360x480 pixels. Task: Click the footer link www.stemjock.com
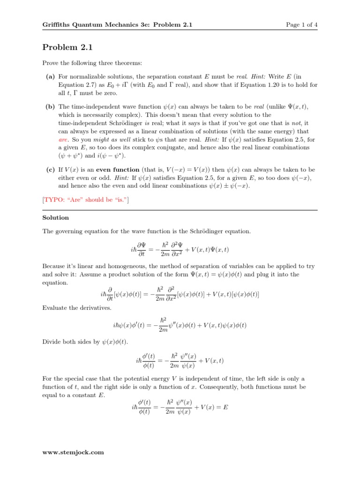pos(73,452)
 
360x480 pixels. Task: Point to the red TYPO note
pos(86,200)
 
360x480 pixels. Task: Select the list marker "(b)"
pos(50,107)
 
